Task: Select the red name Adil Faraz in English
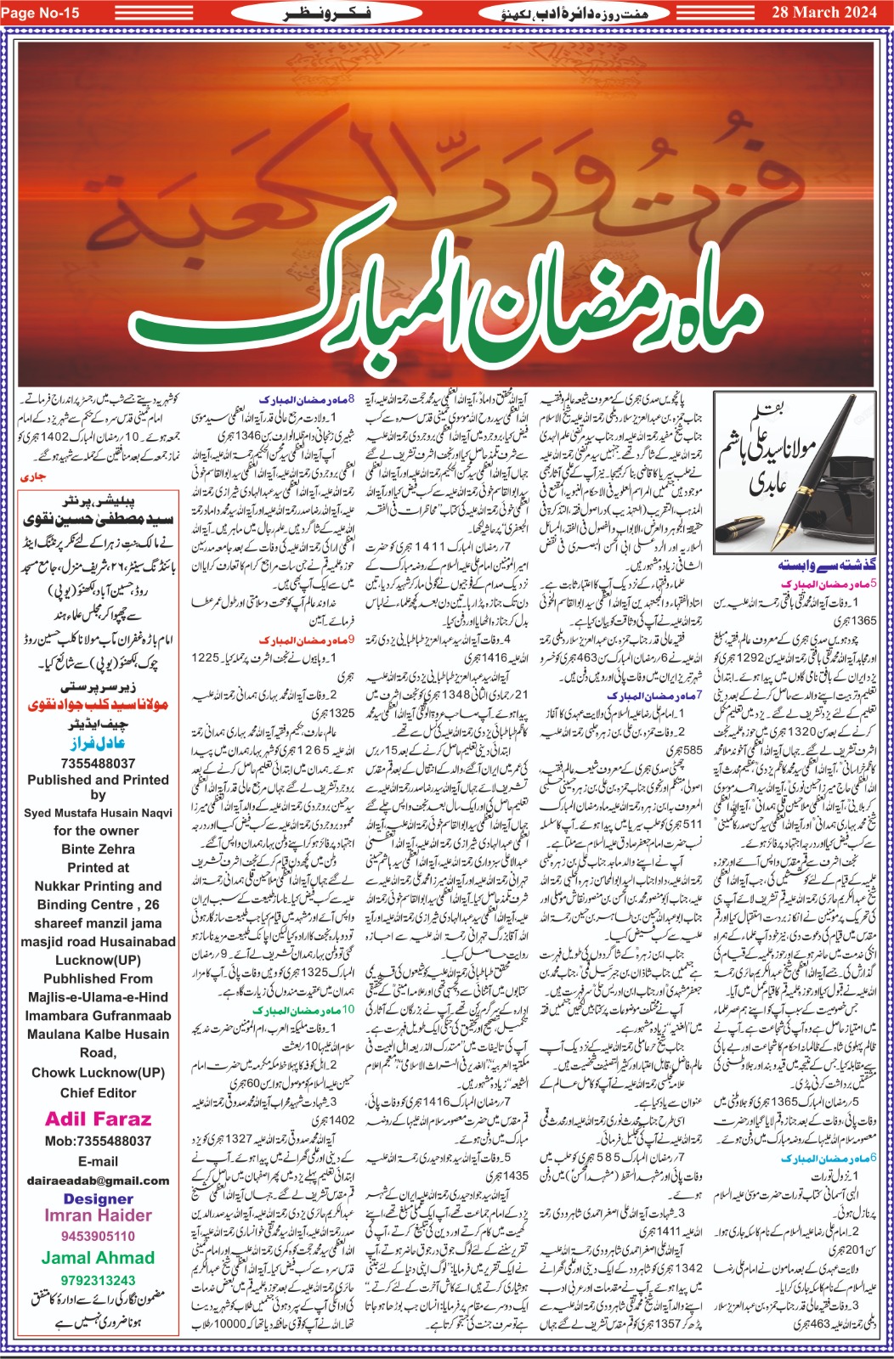tap(98, 1119)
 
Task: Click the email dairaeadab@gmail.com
tap(98, 1181)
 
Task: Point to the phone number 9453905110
tap(98, 1236)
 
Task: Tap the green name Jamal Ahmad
tap(98, 1258)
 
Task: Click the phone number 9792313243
tap(98, 1280)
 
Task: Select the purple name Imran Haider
tap(98, 1215)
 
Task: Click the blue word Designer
tap(98, 1198)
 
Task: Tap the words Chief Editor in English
tap(98, 1093)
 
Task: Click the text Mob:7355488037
tap(98, 1141)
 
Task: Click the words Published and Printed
tap(98, 780)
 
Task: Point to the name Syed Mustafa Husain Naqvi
tap(98, 813)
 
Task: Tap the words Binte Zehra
tap(98, 849)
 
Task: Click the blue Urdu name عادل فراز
tap(98, 743)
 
